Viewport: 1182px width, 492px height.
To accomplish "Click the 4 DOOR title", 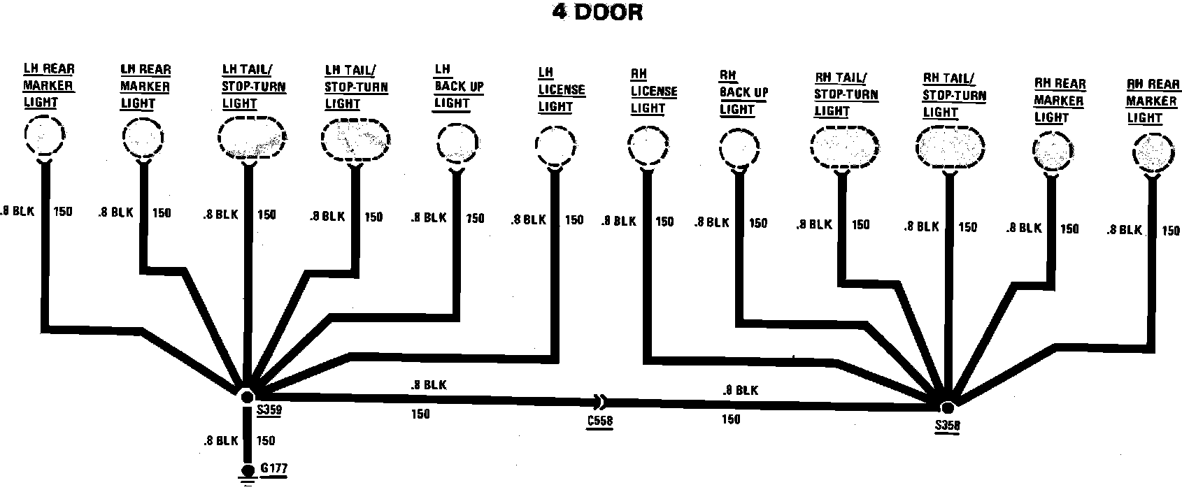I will pos(597,12).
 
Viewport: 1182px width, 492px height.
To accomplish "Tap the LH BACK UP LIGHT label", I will pos(458,87).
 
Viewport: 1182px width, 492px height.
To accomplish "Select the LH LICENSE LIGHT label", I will pos(561,90).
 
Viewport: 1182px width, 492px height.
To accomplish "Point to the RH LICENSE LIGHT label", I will pos(653,92).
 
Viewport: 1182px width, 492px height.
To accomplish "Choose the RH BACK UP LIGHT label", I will pos(743,92).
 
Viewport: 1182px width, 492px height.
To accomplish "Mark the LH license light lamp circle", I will pos(555,145).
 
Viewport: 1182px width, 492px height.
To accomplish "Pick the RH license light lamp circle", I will pos(648,147).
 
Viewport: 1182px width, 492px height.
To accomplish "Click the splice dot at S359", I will pos(247,397).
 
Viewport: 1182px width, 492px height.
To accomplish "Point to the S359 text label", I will pos(269,411).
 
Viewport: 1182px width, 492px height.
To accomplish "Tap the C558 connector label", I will pos(600,421).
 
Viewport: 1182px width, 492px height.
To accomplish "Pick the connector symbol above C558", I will pos(601,402).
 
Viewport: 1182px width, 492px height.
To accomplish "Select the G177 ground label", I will pos(273,468).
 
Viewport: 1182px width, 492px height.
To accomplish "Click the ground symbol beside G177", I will pos(247,475).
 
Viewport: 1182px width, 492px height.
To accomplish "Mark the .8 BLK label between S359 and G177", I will pos(221,441).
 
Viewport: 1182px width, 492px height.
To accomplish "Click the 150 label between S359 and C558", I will pos(420,414).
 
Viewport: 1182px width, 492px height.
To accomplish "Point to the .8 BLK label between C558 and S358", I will pos(740,391).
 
